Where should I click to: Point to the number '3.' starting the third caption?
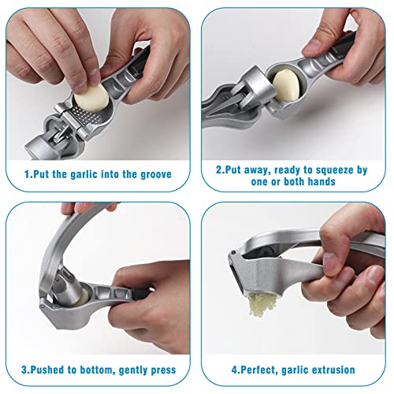(25, 370)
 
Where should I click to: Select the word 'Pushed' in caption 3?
(50, 370)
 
